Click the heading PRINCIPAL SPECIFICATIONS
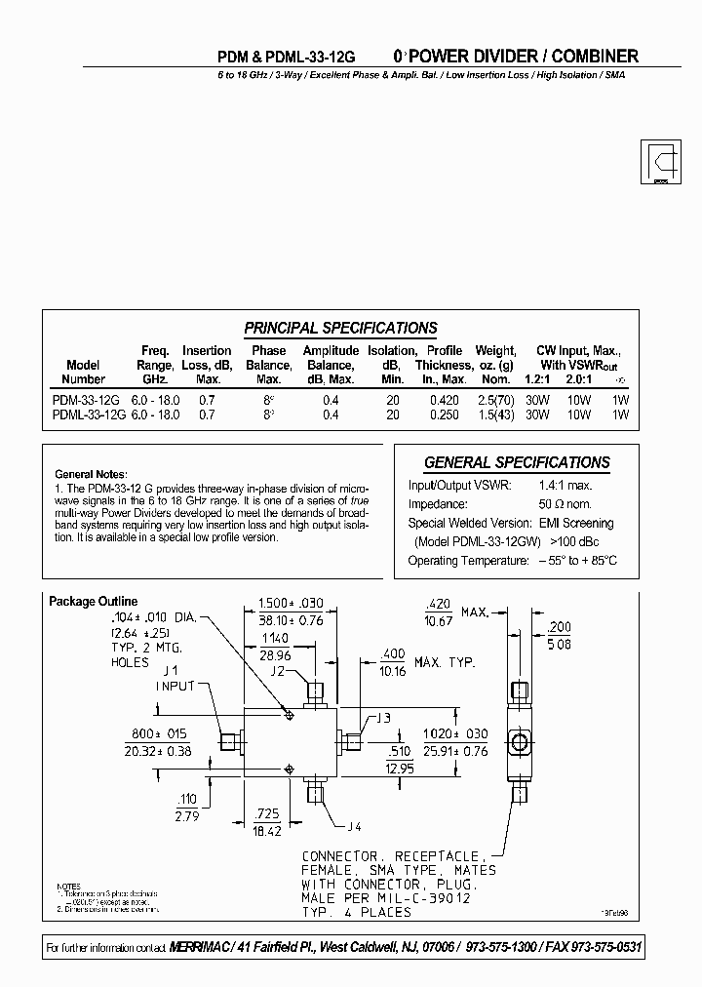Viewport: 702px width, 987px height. coord(340,329)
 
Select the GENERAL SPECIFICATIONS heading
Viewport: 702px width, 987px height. coord(517,462)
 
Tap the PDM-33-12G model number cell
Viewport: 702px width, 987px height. coord(85,400)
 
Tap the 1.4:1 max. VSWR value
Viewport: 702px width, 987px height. coord(565,485)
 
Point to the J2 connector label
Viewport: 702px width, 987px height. coord(278,671)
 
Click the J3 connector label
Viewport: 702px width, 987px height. coord(381,719)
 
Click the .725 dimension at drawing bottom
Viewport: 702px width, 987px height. coord(266,812)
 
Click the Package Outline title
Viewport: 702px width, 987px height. coord(94,602)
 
